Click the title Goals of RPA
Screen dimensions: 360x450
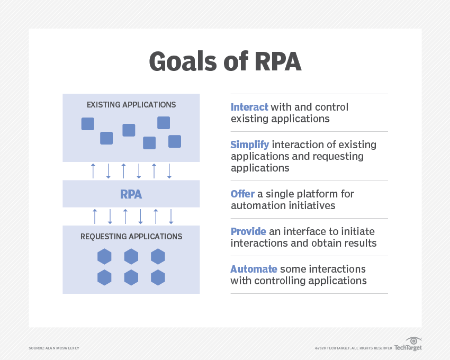(225, 61)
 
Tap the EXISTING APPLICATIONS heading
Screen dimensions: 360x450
(131, 105)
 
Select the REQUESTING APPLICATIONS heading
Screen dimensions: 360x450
(131, 237)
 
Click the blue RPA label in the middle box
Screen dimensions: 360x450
(131, 194)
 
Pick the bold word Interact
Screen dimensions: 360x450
(249, 107)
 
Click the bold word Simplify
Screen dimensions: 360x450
(250, 145)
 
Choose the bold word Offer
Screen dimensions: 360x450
(242, 194)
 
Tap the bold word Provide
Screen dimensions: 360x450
(250, 231)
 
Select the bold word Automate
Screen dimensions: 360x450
(254, 269)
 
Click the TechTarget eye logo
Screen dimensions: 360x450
(413, 341)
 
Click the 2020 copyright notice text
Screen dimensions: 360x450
(353, 348)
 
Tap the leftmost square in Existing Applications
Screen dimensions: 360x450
(87, 124)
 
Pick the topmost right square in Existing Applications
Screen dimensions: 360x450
(164, 123)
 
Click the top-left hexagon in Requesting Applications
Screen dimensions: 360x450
(104, 257)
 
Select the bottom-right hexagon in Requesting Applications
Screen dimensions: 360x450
(158, 277)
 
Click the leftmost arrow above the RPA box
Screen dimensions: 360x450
(93, 171)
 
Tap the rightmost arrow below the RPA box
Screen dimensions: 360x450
(171, 217)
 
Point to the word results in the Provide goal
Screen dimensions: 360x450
(360, 243)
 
